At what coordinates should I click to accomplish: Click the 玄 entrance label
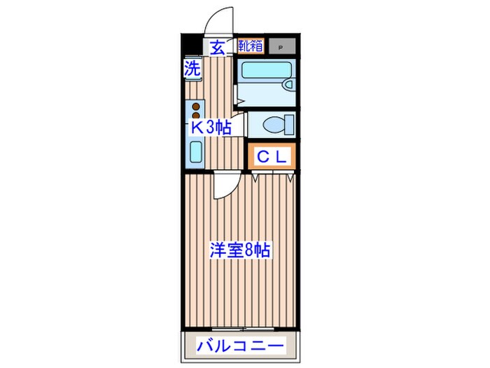tap(218, 48)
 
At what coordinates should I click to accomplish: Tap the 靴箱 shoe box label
tap(250, 47)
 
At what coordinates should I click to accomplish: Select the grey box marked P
tap(281, 48)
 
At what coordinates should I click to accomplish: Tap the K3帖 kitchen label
tap(211, 127)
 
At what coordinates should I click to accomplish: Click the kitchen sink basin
tap(195, 152)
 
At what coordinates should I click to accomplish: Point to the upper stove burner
tap(196, 107)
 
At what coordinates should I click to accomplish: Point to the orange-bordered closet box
tap(271, 157)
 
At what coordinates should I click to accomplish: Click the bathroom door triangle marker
tap(239, 102)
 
